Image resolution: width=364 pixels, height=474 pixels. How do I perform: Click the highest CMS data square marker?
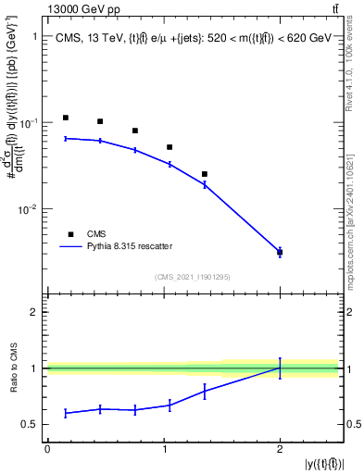66,118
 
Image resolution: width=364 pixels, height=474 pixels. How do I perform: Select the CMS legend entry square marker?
70,234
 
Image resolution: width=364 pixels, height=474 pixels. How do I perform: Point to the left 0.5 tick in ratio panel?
32,425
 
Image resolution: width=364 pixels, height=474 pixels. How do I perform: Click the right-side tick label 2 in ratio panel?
349,312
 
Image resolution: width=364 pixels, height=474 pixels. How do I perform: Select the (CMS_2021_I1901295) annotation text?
193,277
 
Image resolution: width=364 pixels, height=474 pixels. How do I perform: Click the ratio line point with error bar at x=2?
280,368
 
